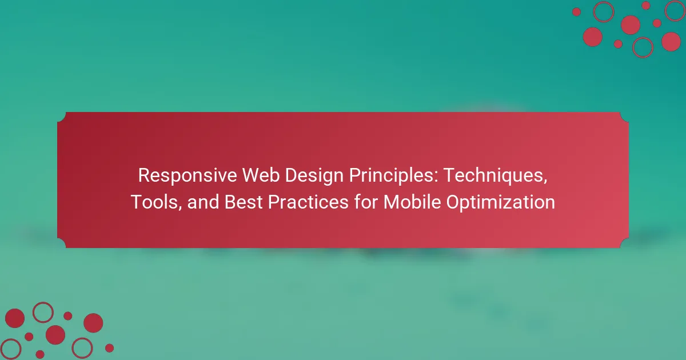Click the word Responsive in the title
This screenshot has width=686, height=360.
click(188, 176)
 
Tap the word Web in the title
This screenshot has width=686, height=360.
click(261, 175)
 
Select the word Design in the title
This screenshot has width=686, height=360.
click(314, 176)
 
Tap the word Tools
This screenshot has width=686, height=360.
click(154, 202)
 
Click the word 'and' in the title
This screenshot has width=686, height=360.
click(203, 202)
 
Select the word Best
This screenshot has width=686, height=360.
click(244, 202)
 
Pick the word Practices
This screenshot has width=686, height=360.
click(308, 202)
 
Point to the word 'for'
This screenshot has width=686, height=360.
click(366, 202)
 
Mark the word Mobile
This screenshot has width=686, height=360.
click(412, 202)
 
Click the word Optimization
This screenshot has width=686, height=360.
click(500, 203)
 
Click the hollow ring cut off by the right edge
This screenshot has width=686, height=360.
click(665, 11)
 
